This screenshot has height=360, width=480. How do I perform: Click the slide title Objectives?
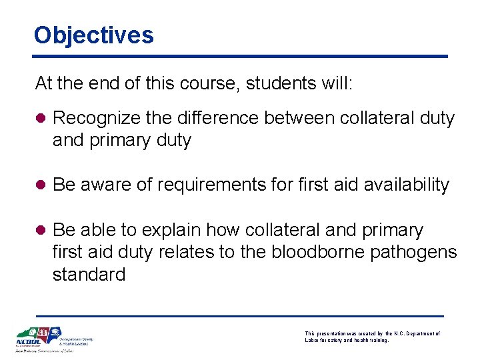pos(93,35)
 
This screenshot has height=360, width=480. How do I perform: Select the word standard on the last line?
pos(89,275)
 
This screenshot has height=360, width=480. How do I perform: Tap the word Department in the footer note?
pos(420,333)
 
